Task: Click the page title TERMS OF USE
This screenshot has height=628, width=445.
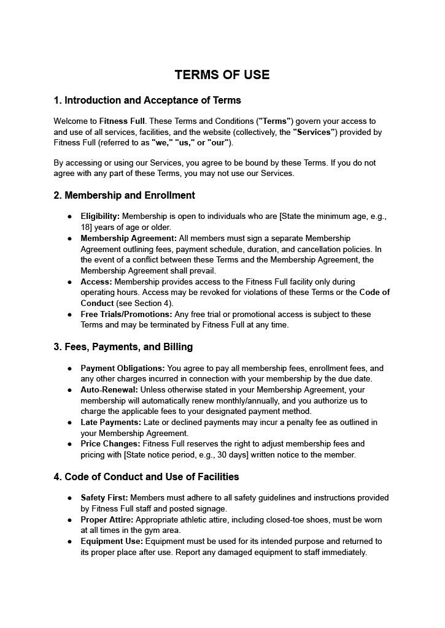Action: (222, 75)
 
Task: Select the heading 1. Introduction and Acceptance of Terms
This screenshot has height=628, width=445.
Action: (147, 100)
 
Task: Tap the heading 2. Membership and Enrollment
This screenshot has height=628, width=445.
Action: (125, 195)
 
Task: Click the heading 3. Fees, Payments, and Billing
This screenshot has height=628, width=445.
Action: (123, 347)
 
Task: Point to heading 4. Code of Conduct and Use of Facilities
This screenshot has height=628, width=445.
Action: (147, 477)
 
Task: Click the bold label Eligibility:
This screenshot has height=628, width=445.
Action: (101, 216)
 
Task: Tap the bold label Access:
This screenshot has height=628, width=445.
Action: (96, 281)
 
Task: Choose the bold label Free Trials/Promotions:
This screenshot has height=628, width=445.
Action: (126, 314)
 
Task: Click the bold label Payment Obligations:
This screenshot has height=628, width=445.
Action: (123, 368)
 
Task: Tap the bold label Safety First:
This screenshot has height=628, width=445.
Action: (104, 497)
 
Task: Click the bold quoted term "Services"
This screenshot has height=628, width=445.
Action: (314, 132)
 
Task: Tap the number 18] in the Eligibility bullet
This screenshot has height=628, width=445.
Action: (87, 227)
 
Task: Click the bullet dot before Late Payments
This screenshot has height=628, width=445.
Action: (70, 423)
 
